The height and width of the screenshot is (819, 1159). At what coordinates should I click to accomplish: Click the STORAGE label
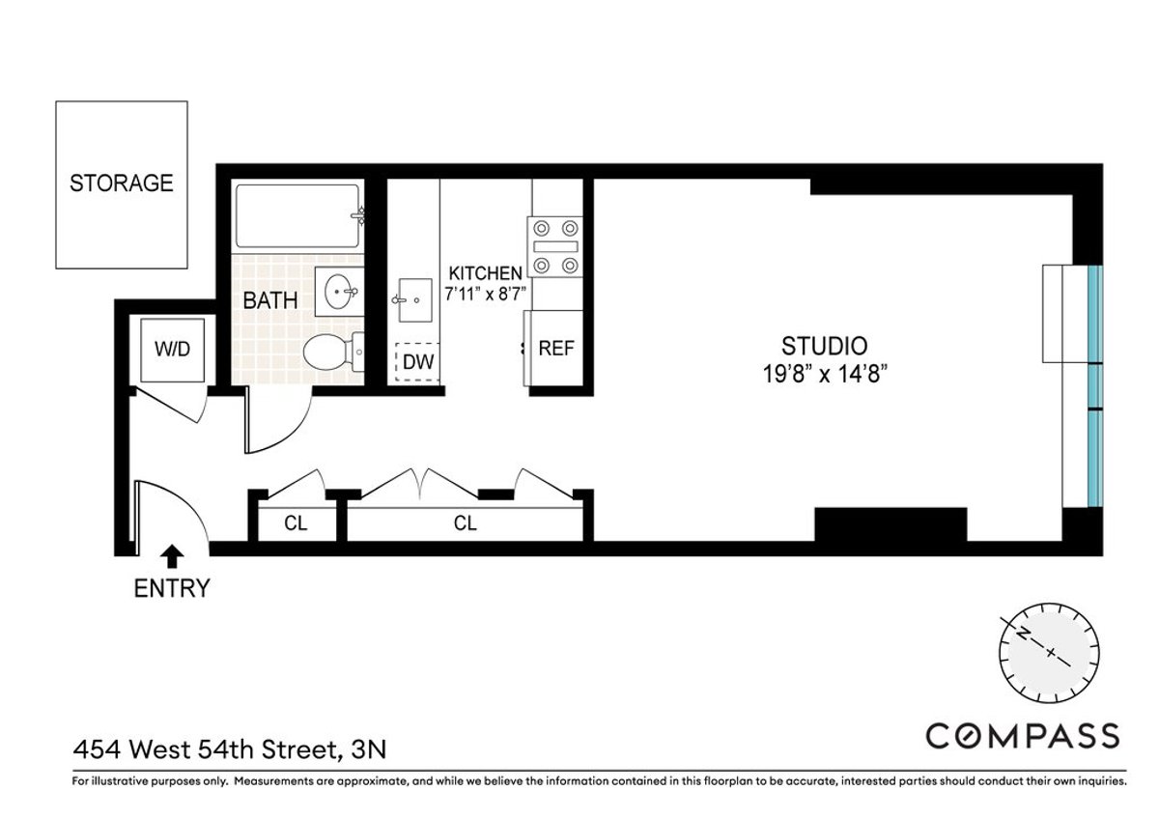[x=122, y=183]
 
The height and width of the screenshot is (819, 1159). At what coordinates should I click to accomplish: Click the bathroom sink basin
[x=339, y=292]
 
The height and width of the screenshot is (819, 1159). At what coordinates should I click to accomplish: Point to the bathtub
[x=298, y=218]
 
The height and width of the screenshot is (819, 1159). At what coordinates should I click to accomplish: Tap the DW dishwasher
[x=417, y=363]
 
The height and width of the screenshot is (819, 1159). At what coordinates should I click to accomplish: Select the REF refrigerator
[x=556, y=348]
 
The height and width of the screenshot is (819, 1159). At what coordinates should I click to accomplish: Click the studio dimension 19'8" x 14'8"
[x=824, y=374]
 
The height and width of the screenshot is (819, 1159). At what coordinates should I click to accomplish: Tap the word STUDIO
[x=824, y=346]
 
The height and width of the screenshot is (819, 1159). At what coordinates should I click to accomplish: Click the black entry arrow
[x=172, y=555]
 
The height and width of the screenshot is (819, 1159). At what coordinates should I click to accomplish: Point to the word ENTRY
[x=171, y=587]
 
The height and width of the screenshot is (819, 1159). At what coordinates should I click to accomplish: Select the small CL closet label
[x=296, y=523]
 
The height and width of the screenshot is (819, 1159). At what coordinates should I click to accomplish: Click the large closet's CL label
[x=466, y=523]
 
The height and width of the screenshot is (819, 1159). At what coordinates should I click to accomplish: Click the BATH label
[x=269, y=300]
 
